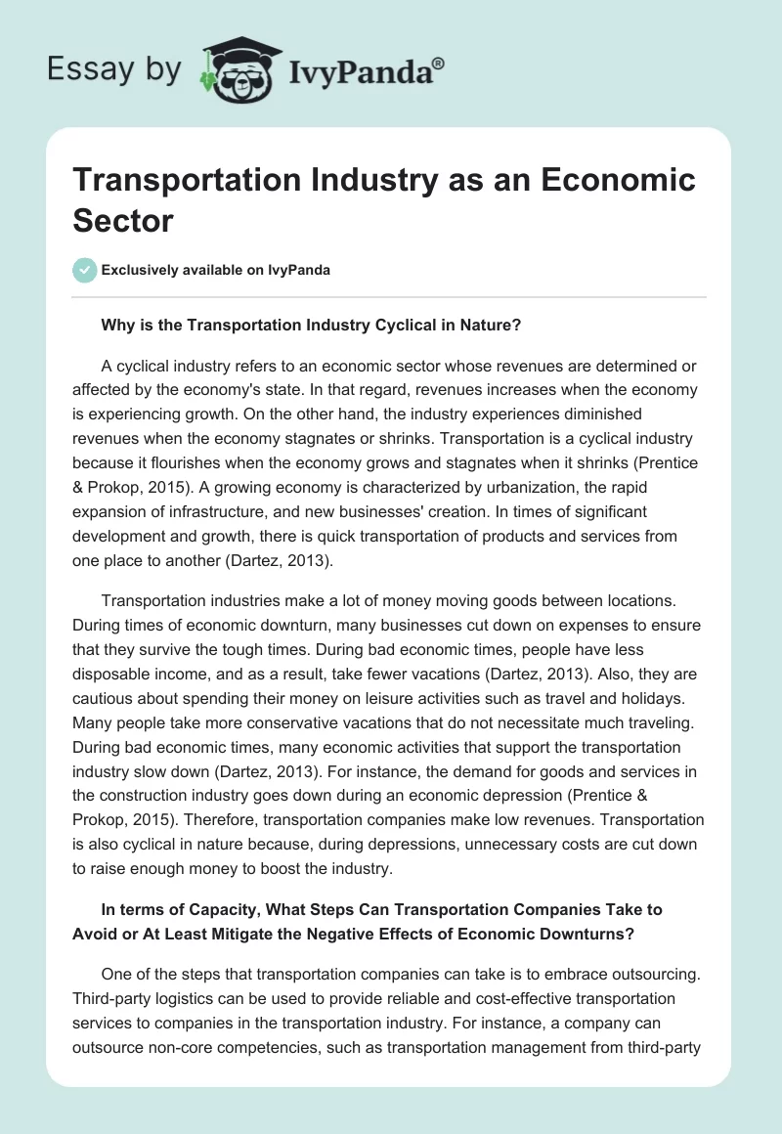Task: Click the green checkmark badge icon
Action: coord(85,270)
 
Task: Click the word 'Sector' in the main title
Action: coord(122,219)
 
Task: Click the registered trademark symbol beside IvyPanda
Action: coord(439,64)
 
